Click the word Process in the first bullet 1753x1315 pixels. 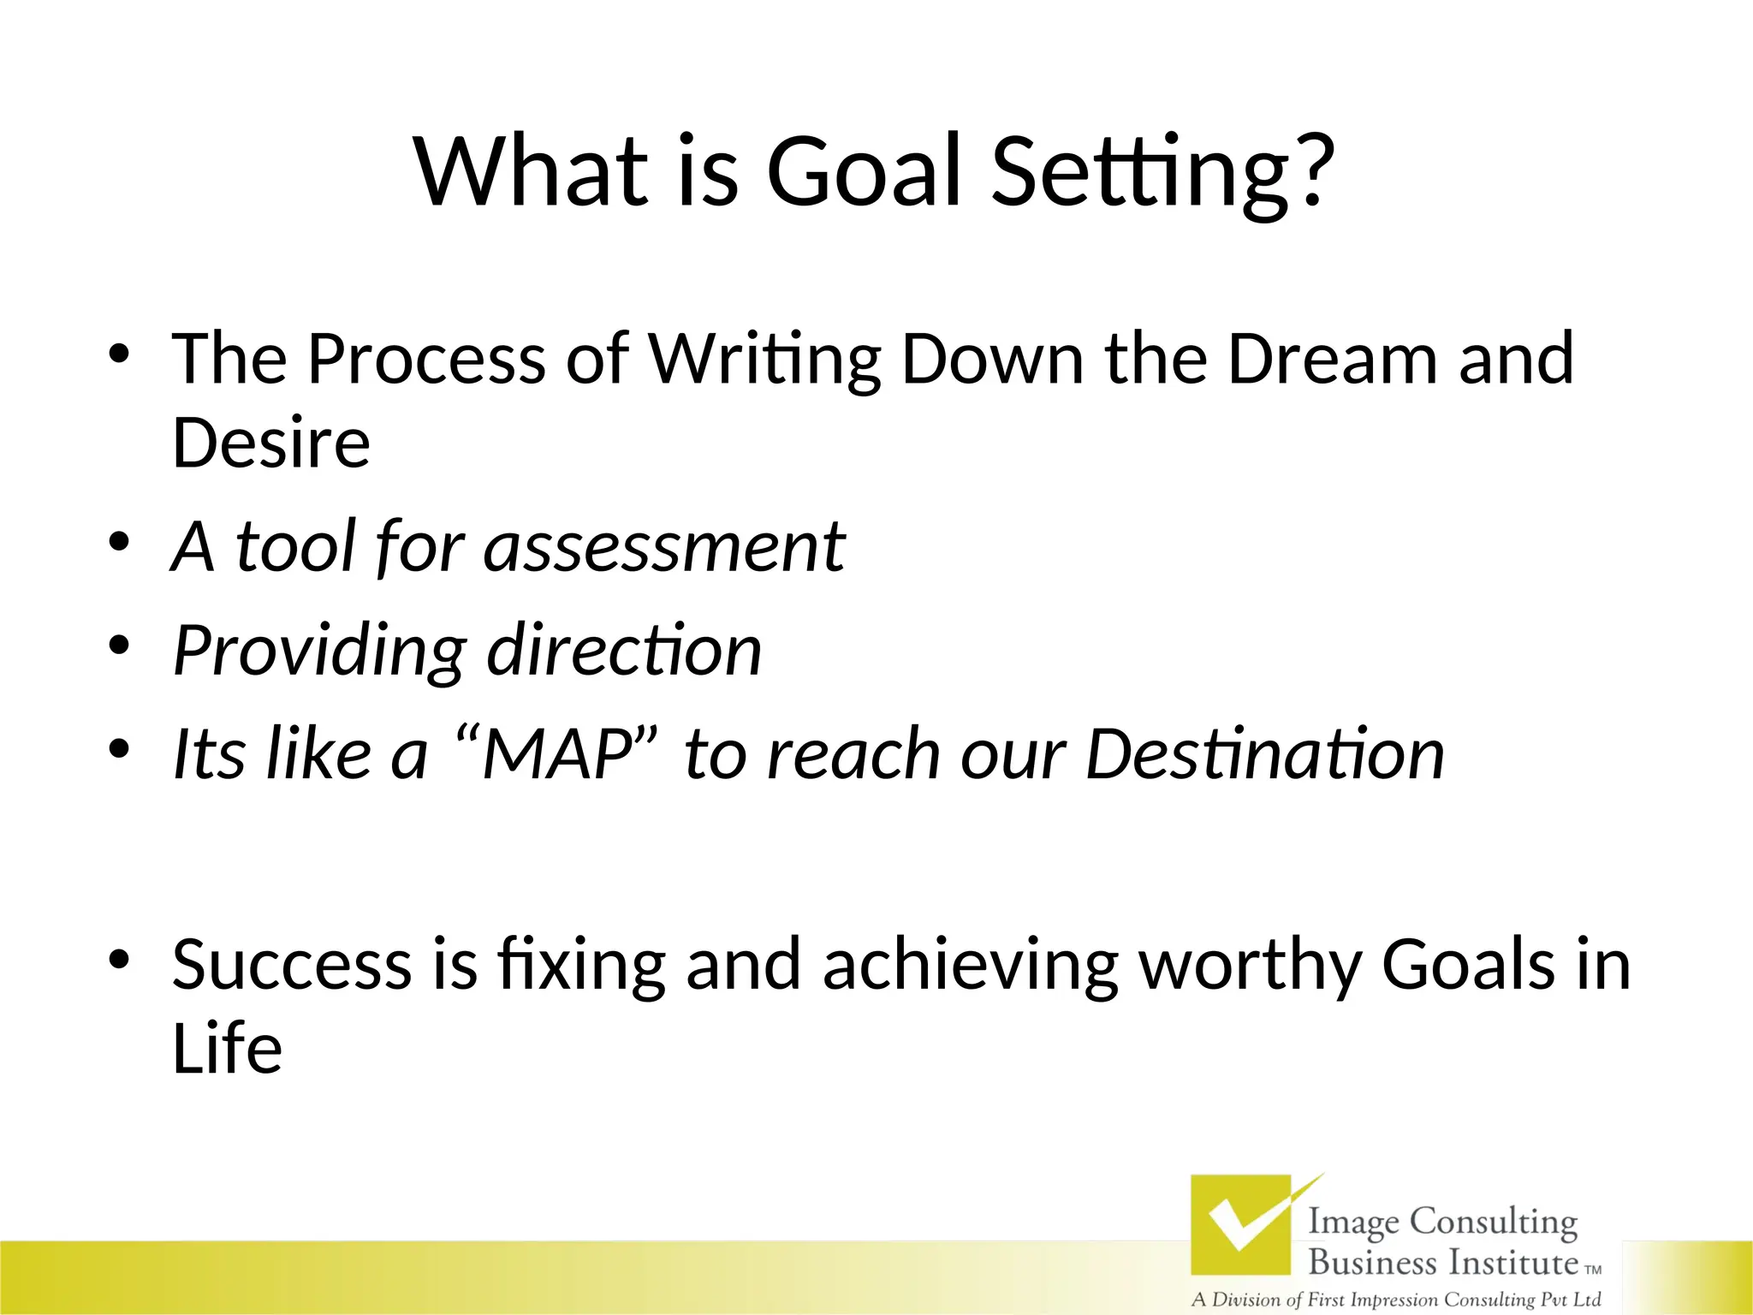click(x=425, y=360)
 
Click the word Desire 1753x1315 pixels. click(x=271, y=443)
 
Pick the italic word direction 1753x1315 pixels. click(x=624, y=651)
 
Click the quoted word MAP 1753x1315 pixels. click(x=557, y=755)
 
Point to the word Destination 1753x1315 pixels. click(x=1265, y=755)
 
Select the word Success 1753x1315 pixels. click(x=292, y=966)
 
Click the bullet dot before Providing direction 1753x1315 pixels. click(x=119, y=644)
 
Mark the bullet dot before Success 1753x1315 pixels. click(x=119, y=959)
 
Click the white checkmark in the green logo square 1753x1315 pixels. click(x=1241, y=1223)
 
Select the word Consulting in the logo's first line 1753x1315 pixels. click(x=1493, y=1223)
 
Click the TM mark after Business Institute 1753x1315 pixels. click(x=1593, y=1270)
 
